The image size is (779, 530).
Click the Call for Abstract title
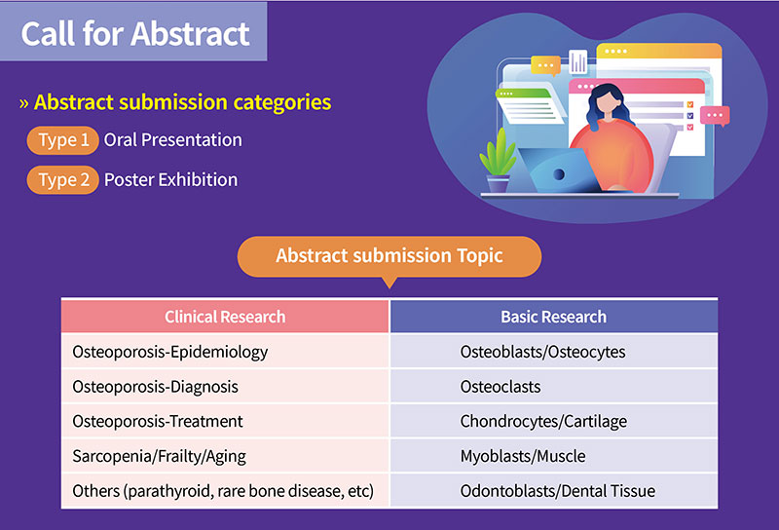pyautogui.click(x=135, y=34)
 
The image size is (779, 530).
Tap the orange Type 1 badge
pyautogui.click(x=63, y=140)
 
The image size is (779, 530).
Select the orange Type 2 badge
pyautogui.click(x=63, y=180)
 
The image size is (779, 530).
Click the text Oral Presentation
pyautogui.click(x=173, y=140)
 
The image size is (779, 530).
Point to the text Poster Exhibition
pyautogui.click(x=171, y=180)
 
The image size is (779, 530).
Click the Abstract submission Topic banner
pyautogui.click(x=389, y=256)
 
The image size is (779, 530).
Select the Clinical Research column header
pyautogui.click(x=225, y=317)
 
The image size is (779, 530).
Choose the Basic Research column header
pyautogui.click(x=554, y=317)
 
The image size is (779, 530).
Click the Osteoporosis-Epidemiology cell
pyautogui.click(x=225, y=352)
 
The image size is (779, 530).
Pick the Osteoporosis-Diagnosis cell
pyautogui.click(x=225, y=387)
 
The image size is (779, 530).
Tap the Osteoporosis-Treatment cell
pyautogui.click(x=225, y=421)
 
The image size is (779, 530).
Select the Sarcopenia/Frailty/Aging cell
pyautogui.click(x=225, y=456)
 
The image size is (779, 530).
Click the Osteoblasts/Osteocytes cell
pyautogui.click(x=554, y=352)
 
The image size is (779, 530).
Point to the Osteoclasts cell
pyautogui.click(x=554, y=387)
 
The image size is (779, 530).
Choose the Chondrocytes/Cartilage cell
pyautogui.click(x=554, y=421)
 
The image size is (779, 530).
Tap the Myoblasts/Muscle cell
pyautogui.click(x=554, y=456)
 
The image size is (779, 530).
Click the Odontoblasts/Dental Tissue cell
pyautogui.click(x=554, y=491)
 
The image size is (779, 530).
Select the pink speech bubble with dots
pyautogui.click(x=715, y=116)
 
